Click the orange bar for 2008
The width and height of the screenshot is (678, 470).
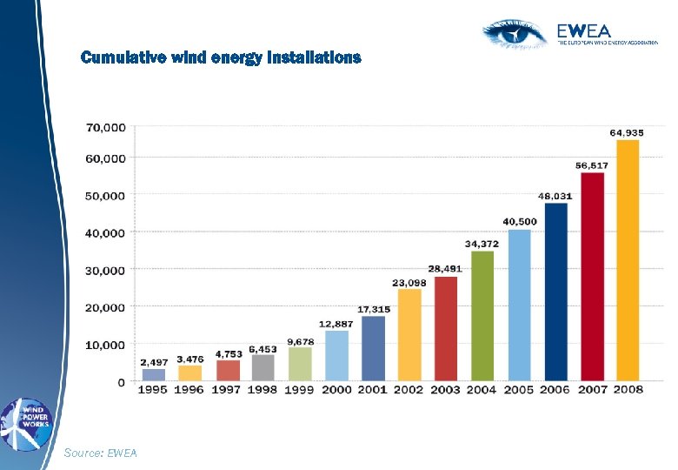coord(628,260)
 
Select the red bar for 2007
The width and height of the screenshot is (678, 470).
coord(592,277)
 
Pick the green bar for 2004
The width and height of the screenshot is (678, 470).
coord(482,316)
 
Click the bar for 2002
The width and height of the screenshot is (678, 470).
coord(409,335)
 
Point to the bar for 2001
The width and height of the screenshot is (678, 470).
coord(373,348)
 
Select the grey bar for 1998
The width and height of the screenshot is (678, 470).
coord(263,367)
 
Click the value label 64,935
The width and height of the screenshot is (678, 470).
coord(627,132)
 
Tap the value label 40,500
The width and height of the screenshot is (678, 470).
coord(520,222)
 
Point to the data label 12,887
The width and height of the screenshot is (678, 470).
coord(336,324)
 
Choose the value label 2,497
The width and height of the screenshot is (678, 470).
coord(154,361)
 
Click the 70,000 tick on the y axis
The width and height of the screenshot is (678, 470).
coord(105,127)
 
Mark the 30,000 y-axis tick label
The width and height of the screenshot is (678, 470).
coord(105,270)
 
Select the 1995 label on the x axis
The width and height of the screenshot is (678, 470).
coord(153,390)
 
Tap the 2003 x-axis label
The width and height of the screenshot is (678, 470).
coord(445,390)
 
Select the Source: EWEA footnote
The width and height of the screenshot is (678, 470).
coord(100,453)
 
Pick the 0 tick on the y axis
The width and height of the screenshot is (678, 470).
coord(121,382)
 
